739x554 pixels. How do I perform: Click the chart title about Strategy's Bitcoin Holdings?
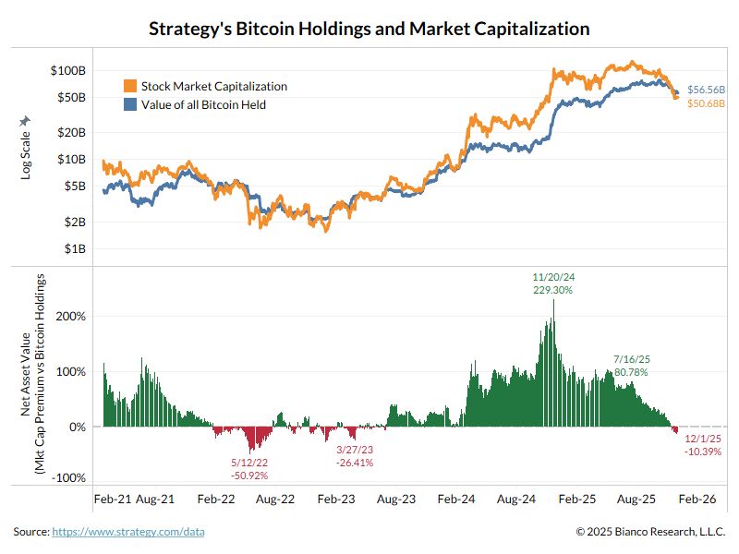369,29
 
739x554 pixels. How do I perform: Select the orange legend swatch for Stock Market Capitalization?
130,86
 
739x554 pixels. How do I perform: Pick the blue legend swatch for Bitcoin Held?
130,104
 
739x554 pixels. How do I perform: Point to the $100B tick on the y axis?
68,70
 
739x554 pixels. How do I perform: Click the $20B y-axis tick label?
70,132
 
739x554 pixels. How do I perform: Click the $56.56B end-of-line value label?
707,90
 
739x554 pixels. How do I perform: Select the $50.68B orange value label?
707,102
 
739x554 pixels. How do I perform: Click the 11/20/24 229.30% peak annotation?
553,283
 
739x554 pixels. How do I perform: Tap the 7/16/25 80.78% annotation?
631,365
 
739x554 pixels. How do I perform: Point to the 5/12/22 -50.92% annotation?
249,469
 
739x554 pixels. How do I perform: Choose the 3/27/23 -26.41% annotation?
355,456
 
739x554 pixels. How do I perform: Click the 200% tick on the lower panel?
72,316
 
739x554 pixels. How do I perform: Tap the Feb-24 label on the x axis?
456,499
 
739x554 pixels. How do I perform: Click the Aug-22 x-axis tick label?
275,499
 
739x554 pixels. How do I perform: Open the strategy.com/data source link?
128,532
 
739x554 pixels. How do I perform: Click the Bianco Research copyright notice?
651,532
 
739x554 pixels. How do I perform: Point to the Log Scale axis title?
26,148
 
